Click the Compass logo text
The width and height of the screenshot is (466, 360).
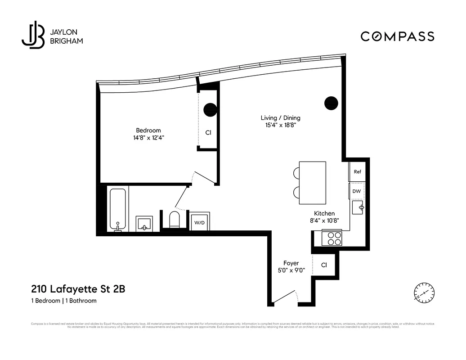pyautogui.click(x=397, y=36)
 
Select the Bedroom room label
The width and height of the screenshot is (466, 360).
pyautogui.click(x=148, y=130)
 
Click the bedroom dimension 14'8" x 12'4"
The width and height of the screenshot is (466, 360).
pyautogui.click(x=148, y=138)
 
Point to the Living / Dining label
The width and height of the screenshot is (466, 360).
pyautogui.click(x=280, y=118)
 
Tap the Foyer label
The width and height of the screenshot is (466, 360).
pyautogui.click(x=291, y=263)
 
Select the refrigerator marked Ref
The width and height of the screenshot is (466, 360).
pyautogui.click(x=357, y=172)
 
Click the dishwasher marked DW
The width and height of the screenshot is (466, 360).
pyautogui.click(x=356, y=191)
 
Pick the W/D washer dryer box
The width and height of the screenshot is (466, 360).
pyautogui.click(x=199, y=222)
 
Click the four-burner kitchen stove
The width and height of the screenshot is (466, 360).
pyautogui.click(x=332, y=238)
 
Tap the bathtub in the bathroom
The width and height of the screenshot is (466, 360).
pyautogui.click(x=118, y=209)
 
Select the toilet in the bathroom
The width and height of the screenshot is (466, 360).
pyautogui.click(x=174, y=220)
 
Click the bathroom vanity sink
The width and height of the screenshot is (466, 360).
pyautogui.click(x=144, y=224)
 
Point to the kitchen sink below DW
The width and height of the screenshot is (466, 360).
pyautogui.click(x=358, y=209)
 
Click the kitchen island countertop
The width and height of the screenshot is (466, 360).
pyautogui.click(x=312, y=182)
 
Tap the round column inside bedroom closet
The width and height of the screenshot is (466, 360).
pyautogui.click(x=210, y=109)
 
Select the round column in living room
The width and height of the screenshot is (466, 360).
pyautogui.click(x=331, y=103)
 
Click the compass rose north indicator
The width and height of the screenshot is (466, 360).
pyautogui.click(x=424, y=292)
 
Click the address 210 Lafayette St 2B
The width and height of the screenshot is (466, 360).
pyautogui.click(x=78, y=289)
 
